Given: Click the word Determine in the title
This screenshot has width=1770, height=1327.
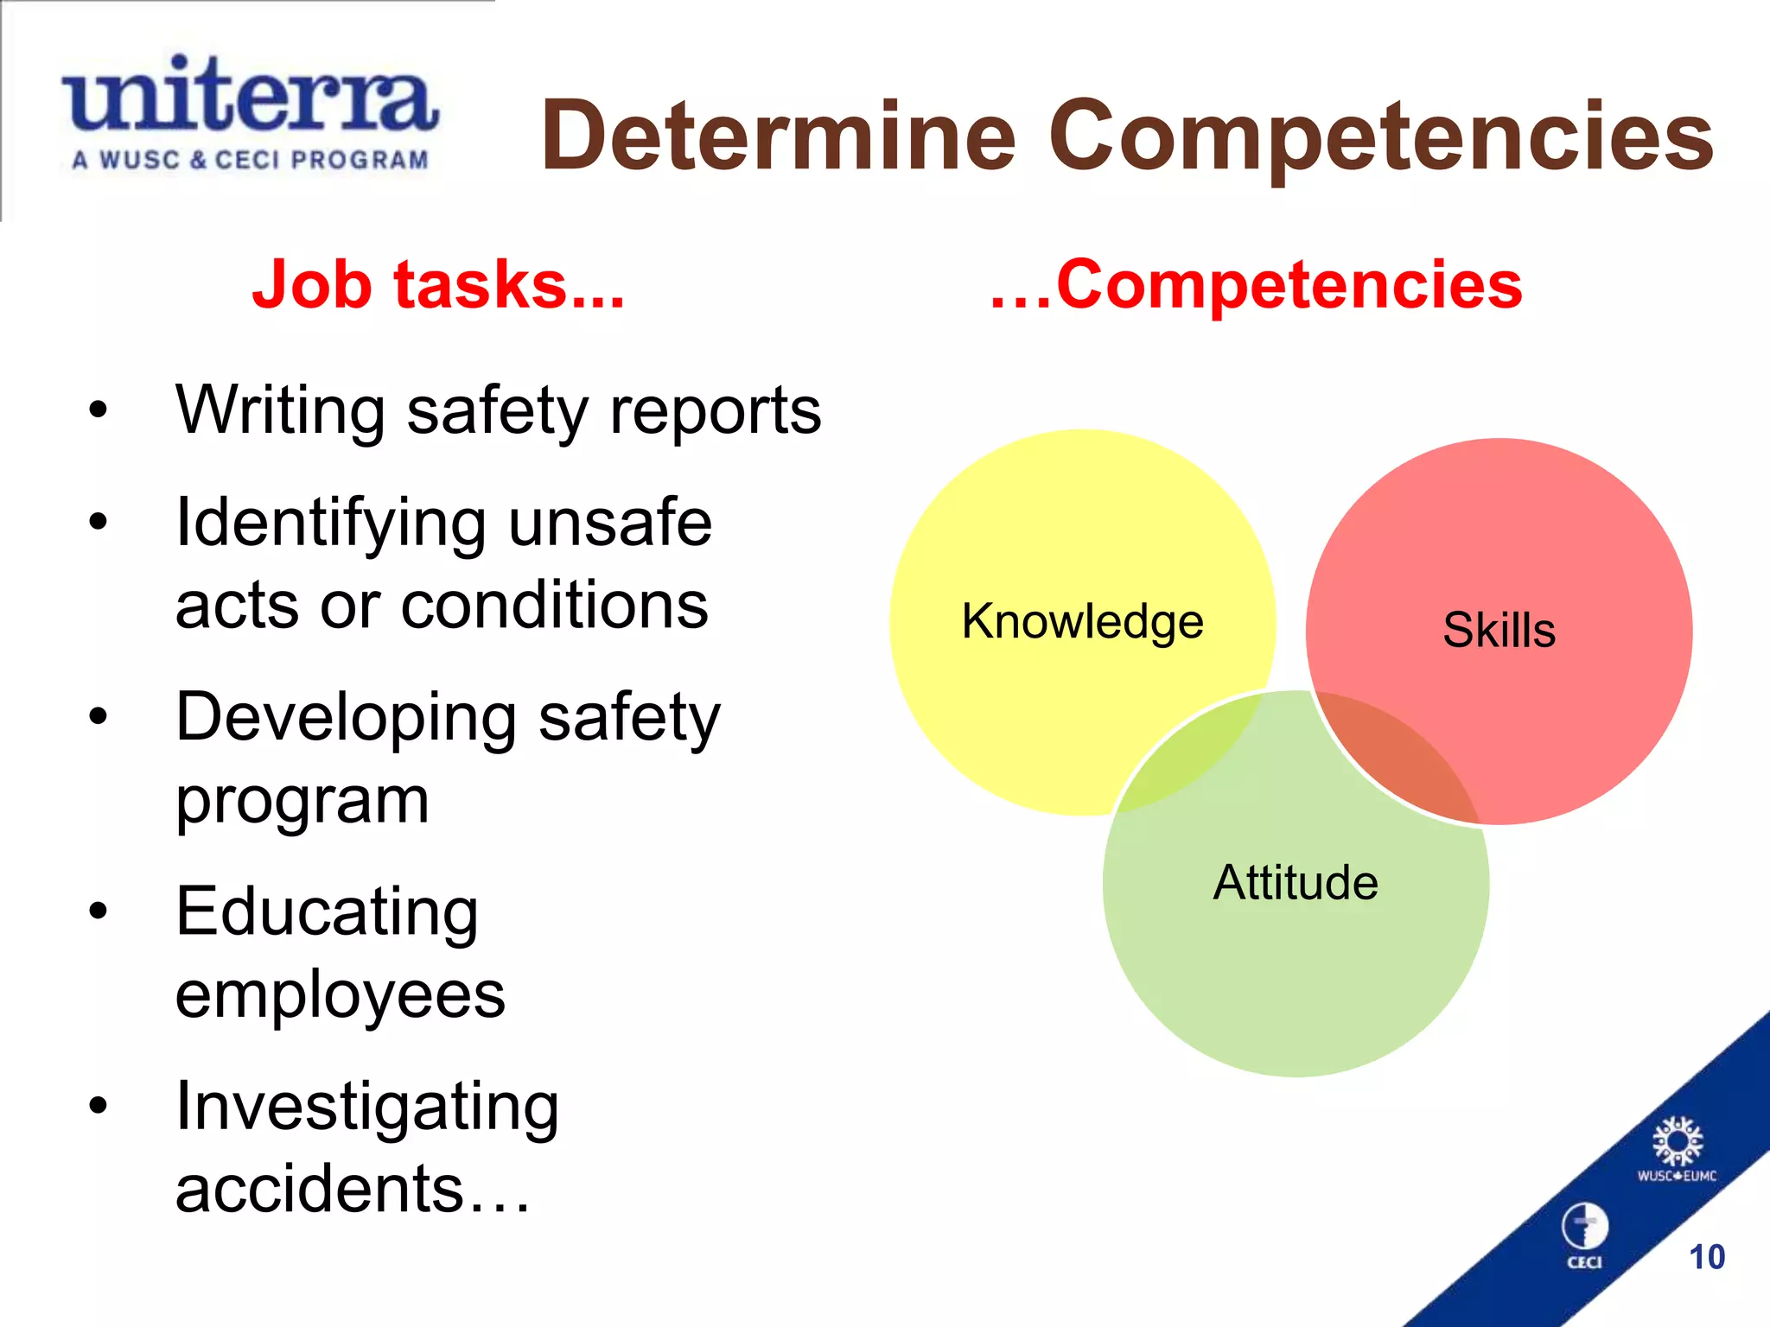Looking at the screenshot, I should (x=778, y=137).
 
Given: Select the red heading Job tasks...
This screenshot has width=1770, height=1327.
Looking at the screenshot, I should (x=437, y=285).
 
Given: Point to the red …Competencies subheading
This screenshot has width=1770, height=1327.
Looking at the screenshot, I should (x=1256, y=285).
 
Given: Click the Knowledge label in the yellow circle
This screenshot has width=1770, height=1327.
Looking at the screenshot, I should (x=1082, y=621).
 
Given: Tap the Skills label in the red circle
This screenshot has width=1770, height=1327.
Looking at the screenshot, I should (x=1499, y=630).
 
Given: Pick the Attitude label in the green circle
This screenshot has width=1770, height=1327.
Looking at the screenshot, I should (x=1296, y=883).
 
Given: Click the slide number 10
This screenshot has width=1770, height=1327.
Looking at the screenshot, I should (x=1706, y=1257).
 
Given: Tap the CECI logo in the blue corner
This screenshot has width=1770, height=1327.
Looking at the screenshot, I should (x=1584, y=1234).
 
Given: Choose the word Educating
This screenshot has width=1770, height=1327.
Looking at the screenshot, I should (x=327, y=912).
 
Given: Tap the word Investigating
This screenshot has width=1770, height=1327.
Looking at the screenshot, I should (x=367, y=1108).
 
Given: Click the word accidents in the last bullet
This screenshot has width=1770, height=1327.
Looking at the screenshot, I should (x=320, y=1189).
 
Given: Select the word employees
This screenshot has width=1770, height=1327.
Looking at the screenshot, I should (x=340, y=995).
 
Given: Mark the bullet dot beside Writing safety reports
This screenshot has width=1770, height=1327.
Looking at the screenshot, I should (x=99, y=410).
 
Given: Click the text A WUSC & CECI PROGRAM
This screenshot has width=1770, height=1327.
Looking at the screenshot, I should (x=250, y=160).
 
